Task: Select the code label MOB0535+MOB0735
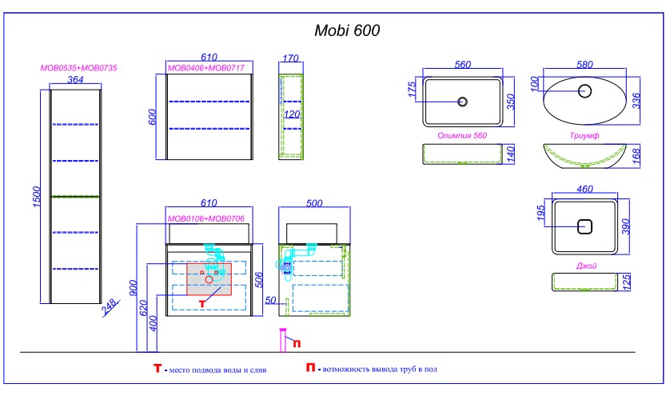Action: tap(79, 68)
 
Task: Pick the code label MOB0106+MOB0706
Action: tap(205, 218)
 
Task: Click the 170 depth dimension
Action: tap(290, 58)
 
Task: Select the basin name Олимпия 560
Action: tap(462, 136)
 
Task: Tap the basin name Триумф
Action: tap(584, 136)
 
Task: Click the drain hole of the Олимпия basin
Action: tap(461, 102)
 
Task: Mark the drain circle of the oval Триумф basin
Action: tap(584, 90)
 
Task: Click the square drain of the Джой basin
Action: tap(584, 226)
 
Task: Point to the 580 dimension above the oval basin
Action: tap(585, 64)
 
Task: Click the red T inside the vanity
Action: tap(203, 303)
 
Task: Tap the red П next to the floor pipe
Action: tap(297, 344)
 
